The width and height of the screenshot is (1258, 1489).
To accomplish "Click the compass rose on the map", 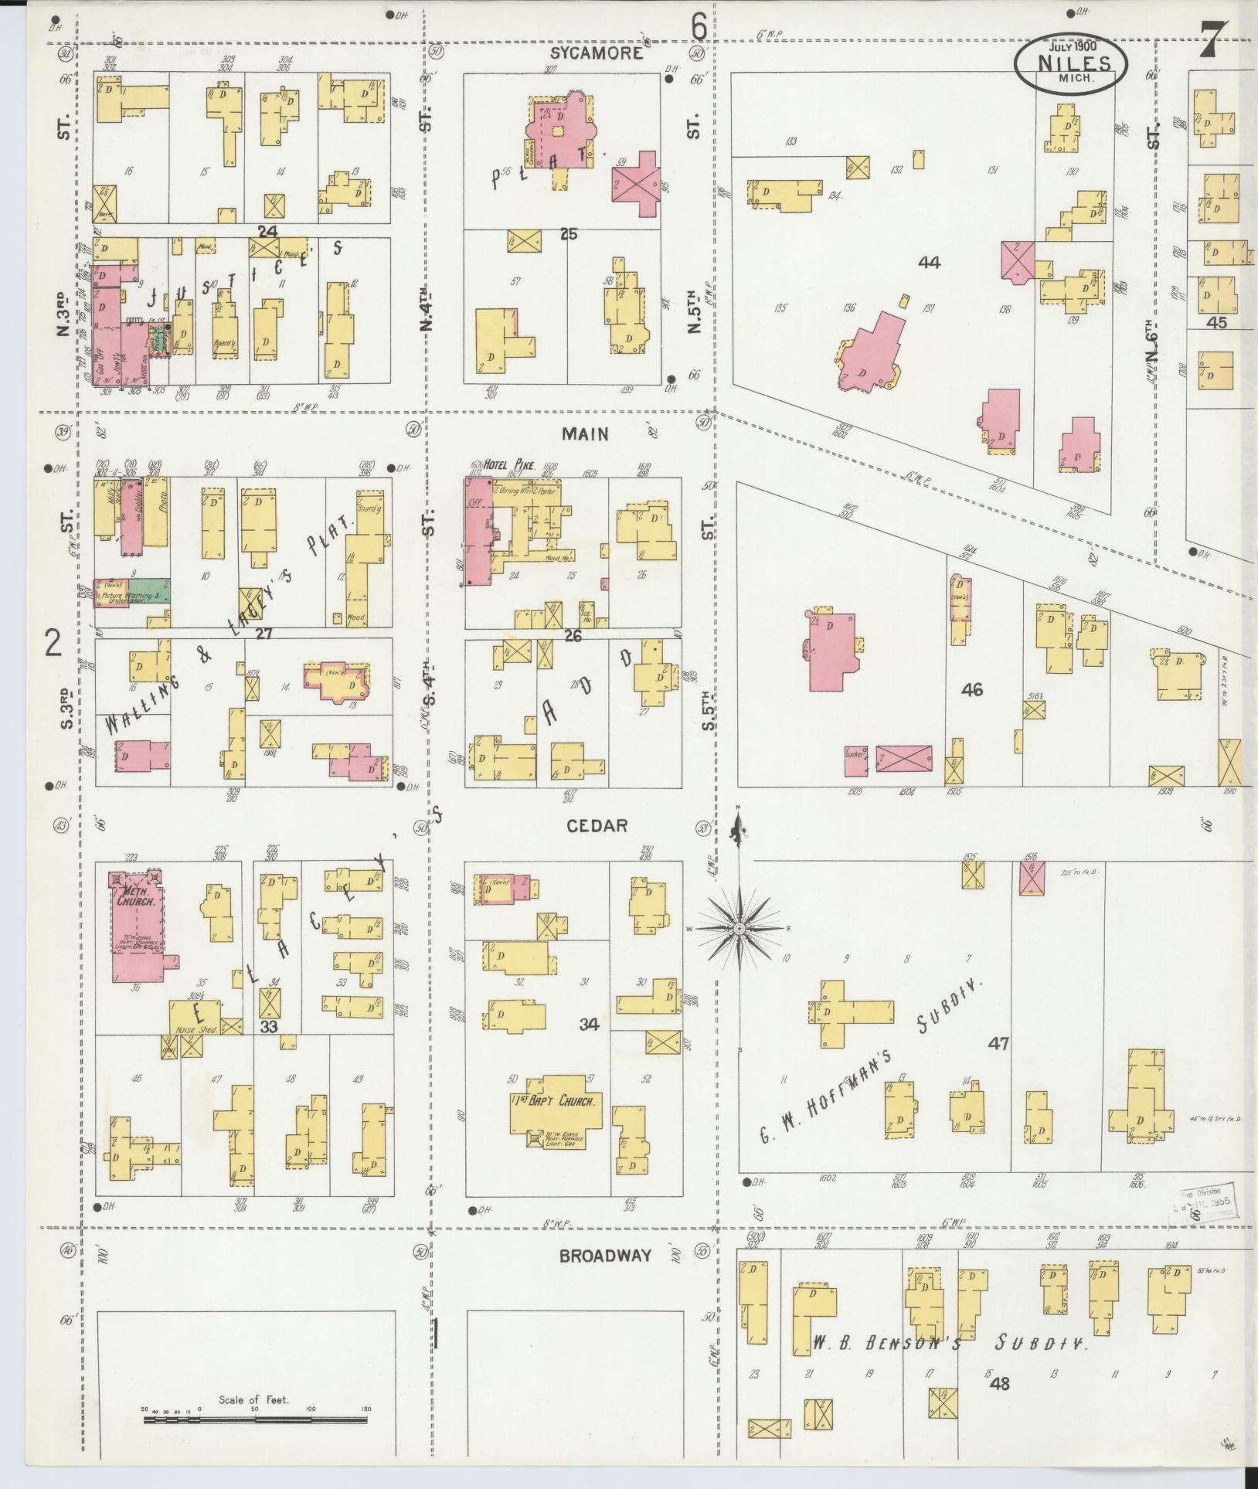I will [x=739, y=928].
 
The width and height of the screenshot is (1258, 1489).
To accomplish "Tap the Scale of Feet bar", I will [x=256, y=1409].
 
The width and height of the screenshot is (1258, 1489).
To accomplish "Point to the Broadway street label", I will [x=605, y=1256].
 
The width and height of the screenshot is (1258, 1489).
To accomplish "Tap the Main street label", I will [x=585, y=434].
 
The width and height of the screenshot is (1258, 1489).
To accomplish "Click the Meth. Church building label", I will [x=137, y=896].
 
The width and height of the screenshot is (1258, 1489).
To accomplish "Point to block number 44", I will [x=929, y=263].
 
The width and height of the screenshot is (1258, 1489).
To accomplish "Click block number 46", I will [x=971, y=689].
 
